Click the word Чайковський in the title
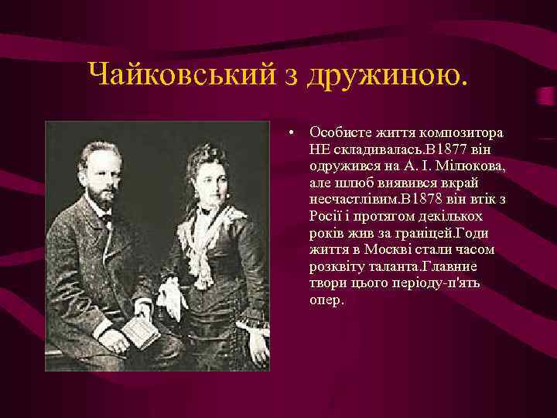point(183,75)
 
